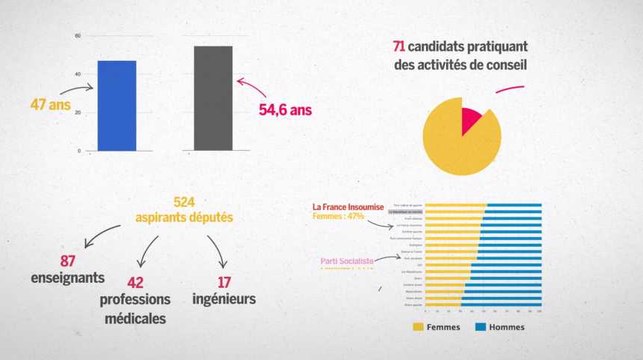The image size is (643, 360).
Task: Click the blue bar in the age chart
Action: (116, 105)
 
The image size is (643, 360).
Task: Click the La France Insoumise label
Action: (345, 207)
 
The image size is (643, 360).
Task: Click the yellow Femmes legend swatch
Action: (420, 326)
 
